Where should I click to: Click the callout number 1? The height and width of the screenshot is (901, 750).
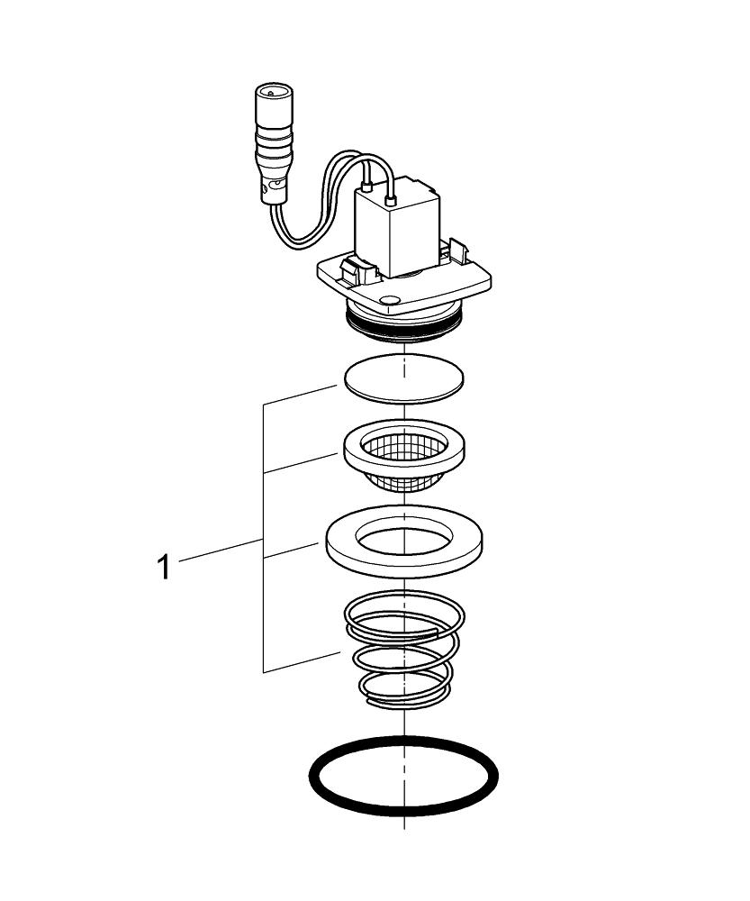pos(163,568)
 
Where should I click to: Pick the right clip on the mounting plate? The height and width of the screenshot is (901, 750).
pos(456,250)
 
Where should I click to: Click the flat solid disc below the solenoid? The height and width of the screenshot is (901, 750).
pos(403,378)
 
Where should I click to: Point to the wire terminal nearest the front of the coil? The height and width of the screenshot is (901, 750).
pos(367,189)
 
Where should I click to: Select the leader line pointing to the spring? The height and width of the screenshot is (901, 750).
pos(302,662)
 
